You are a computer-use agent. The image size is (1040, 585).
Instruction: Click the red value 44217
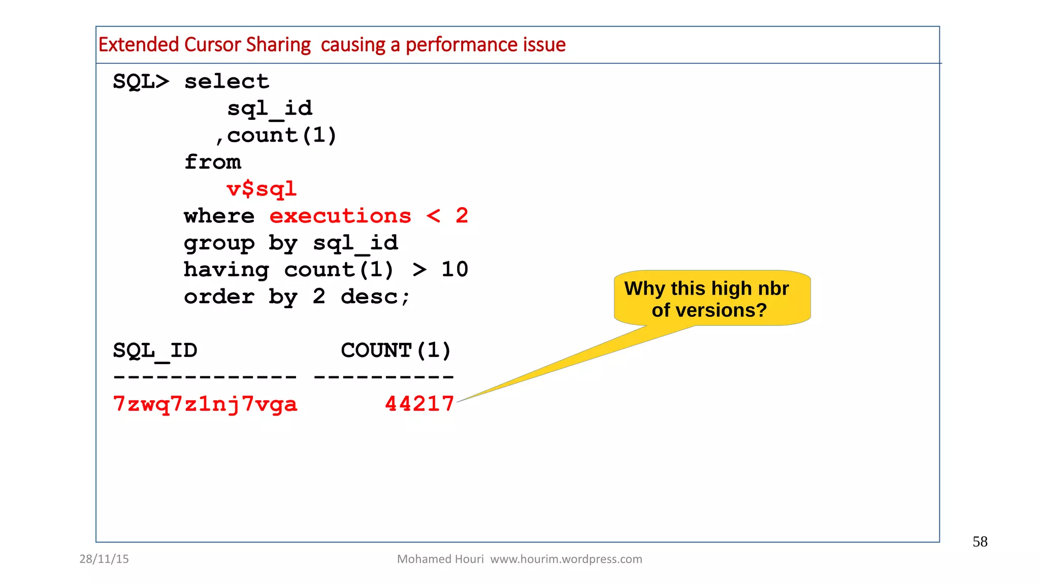419,404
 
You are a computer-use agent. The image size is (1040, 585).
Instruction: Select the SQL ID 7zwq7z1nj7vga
205,404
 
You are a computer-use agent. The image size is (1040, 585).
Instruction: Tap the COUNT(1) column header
396,350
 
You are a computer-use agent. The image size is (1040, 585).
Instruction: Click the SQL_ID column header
155,350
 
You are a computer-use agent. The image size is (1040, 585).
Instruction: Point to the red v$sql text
262,189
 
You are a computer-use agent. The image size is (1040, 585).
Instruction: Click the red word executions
340,216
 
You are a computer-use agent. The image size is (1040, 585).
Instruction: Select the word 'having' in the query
226,270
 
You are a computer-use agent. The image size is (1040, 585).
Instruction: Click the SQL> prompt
141,81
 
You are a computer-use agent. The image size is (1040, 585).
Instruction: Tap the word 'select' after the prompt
226,81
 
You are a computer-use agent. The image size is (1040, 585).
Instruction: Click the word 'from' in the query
212,162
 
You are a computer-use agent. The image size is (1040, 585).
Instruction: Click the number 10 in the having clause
454,270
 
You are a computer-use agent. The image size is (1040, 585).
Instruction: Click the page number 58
980,542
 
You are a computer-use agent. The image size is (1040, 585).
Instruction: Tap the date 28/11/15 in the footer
104,559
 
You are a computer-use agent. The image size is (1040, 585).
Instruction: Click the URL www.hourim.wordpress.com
566,559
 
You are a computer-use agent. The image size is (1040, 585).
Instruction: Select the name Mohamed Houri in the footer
440,559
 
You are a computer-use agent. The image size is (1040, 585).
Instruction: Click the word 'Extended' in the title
139,45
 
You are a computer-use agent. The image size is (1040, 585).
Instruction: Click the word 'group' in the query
219,243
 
